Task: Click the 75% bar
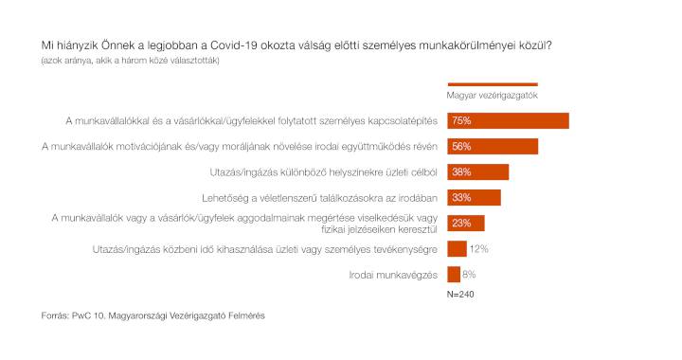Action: point(508,121)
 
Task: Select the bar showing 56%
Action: point(493,147)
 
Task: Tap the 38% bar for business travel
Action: point(478,172)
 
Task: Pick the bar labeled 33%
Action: point(475,198)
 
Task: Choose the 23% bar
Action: point(466,224)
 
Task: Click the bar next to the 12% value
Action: point(458,249)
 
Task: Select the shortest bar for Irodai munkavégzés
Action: point(454,275)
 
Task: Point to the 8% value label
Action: point(469,275)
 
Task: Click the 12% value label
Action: point(479,249)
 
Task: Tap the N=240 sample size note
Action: point(460,295)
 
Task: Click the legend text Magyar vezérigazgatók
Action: point(492,96)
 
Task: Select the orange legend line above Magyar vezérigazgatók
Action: point(493,84)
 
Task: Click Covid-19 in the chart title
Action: point(234,45)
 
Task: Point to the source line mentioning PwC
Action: point(153,315)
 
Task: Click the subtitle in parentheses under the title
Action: point(131,61)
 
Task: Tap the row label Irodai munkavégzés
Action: point(393,275)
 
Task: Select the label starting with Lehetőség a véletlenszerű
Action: point(320,198)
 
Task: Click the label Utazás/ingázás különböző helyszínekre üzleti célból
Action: point(324,172)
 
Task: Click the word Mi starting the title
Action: point(46,45)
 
